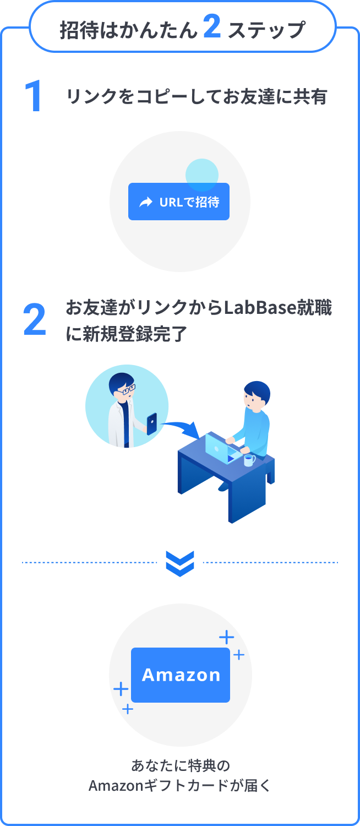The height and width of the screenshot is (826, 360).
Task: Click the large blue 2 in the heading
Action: (212, 28)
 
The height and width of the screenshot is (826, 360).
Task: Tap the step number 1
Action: (34, 98)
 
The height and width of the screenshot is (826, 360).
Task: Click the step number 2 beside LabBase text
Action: (34, 320)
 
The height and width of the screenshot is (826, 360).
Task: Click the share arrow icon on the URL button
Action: (146, 202)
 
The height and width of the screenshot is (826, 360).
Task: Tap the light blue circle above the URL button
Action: (202, 175)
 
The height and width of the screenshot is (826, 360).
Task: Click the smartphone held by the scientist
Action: (152, 423)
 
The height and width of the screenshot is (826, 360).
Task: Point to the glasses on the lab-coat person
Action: (128, 389)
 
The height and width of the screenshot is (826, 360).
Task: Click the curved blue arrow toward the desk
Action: (179, 427)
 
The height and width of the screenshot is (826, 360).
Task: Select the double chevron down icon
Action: (180, 563)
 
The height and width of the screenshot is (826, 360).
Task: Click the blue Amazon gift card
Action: (181, 675)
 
